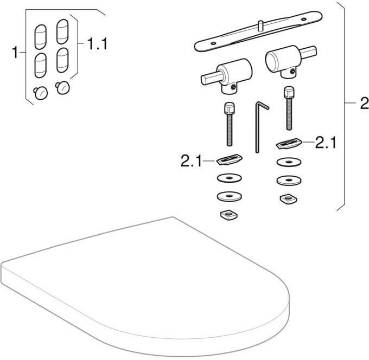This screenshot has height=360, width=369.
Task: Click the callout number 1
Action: click(x=15, y=53)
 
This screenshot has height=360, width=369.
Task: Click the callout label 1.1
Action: click(x=97, y=44)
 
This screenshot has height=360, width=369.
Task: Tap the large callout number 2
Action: click(x=365, y=103)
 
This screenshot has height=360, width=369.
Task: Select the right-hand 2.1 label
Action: click(x=326, y=143)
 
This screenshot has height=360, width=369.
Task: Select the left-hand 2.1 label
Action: click(x=191, y=161)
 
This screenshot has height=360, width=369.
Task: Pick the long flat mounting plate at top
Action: click(x=258, y=31)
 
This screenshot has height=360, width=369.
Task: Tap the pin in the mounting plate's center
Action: click(x=261, y=25)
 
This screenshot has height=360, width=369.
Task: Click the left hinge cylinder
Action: click(x=227, y=76)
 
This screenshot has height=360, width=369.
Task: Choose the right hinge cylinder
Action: click(x=290, y=61)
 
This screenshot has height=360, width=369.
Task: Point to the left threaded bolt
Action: click(x=229, y=124)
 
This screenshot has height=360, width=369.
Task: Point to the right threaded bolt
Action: click(x=289, y=108)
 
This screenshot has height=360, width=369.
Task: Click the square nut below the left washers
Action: click(x=229, y=215)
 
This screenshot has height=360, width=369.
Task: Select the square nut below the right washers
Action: click(x=289, y=199)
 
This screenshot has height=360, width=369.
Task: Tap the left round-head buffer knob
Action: click(x=41, y=93)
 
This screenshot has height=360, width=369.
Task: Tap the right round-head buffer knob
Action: click(x=63, y=87)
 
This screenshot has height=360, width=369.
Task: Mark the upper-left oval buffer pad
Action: click(x=41, y=37)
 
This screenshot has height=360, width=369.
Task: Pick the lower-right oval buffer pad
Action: click(x=62, y=60)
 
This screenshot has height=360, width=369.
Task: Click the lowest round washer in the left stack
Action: click(x=230, y=196)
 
